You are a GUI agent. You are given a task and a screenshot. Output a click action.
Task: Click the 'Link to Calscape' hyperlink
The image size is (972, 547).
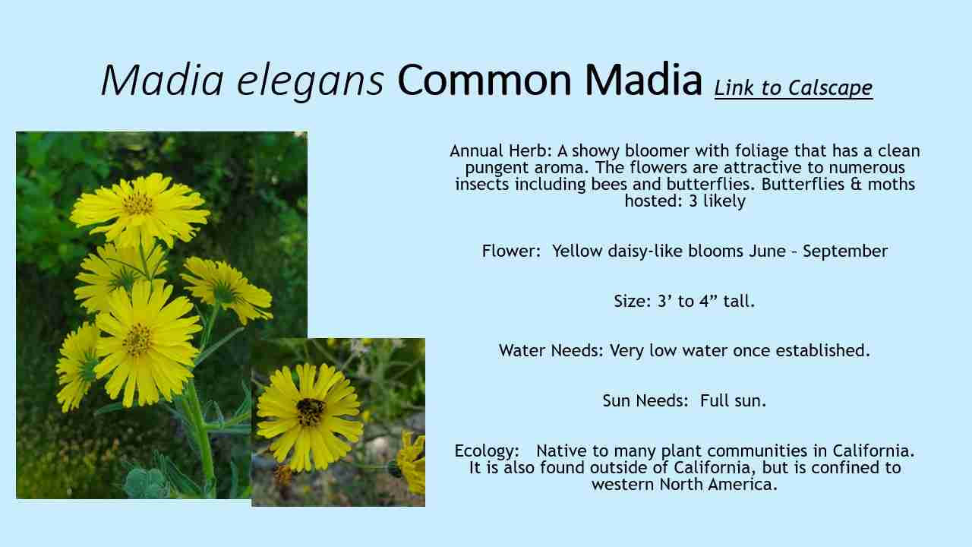793,88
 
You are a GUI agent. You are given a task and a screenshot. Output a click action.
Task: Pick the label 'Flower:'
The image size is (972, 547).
511,251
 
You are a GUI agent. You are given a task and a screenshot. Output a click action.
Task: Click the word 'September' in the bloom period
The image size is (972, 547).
845,251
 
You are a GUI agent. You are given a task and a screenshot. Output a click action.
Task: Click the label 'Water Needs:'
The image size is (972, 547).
551,351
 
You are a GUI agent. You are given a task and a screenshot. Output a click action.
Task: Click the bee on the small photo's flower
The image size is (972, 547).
310,411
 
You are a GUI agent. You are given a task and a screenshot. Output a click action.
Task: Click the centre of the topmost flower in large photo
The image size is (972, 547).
138,203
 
